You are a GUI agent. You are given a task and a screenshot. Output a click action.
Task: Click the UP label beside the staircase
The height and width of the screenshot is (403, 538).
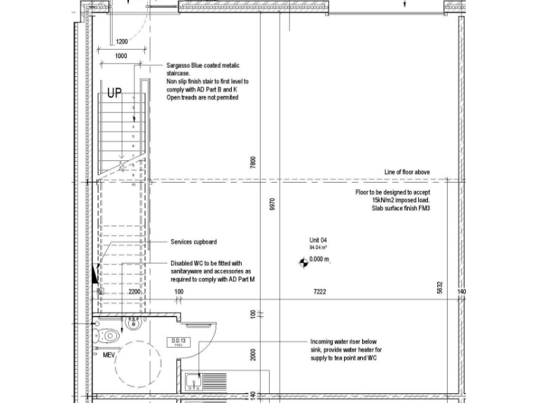click(x=114, y=93)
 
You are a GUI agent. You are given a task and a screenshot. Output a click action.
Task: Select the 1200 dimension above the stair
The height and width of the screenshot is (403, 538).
click(x=122, y=41)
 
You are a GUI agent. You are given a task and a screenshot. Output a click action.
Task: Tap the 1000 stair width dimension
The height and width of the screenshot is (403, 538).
click(x=120, y=56)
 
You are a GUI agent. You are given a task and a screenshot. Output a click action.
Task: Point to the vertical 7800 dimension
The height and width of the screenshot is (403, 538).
click(x=254, y=162)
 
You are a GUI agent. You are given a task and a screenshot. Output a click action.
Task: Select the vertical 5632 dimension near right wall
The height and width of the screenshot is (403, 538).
click(x=440, y=288)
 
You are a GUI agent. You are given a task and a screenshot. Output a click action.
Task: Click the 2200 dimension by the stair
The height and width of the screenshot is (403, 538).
click(x=134, y=292)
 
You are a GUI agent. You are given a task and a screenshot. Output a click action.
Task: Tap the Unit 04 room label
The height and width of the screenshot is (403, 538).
click(x=319, y=241)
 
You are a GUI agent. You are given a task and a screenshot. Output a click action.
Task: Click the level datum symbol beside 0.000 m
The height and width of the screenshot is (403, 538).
click(x=303, y=262)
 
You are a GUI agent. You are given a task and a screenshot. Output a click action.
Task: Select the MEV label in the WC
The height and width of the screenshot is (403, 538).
click(x=108, y=355)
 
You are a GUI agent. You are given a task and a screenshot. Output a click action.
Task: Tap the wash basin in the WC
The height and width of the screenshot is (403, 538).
click(x=132, y=322)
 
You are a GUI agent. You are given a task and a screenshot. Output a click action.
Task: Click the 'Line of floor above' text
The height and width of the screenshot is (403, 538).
click(x=407, y=172)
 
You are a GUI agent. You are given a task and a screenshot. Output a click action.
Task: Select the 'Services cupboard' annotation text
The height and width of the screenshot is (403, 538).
click(x=193, y=242)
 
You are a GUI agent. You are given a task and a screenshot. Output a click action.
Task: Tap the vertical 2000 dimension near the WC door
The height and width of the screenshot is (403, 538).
click(x=254, y=355)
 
